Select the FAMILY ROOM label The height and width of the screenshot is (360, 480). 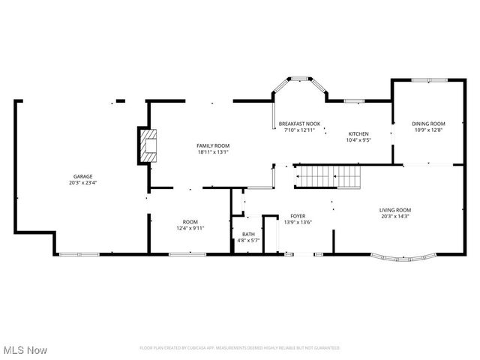pos(213,145)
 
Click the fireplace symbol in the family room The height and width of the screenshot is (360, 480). pos(147,145)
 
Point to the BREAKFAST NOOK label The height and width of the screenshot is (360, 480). pos(299,124)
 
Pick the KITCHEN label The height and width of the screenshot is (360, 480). pos(358,134)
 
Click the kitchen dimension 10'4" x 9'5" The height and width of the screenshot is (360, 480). pos(358,140)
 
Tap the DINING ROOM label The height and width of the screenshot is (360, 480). pos(427,124)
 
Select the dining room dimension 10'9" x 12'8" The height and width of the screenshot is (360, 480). pos(427,130)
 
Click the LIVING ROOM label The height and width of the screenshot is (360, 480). pos(394,210)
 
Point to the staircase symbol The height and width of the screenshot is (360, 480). pos(328,177)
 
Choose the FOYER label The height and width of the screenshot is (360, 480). pos(298,216)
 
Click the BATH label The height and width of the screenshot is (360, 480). pos(247,235)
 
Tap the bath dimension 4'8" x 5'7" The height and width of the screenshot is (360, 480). pos(247,241)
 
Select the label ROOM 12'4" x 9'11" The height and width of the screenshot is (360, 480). pos(190,225)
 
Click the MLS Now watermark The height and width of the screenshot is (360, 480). pos(25,350)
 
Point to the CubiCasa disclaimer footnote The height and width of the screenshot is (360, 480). pos(240,348)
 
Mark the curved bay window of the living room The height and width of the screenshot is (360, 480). pos(403,260)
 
